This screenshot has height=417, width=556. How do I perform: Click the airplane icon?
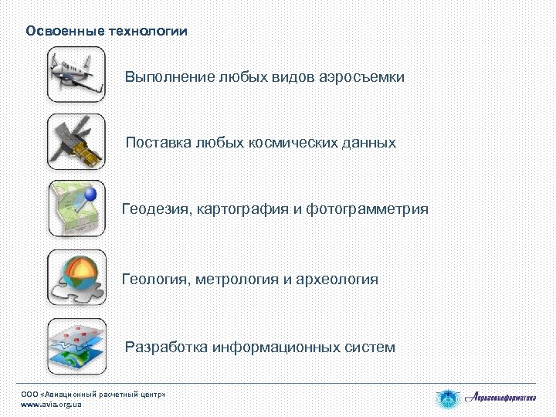(x=76, y=74)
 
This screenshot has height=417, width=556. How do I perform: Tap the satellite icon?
(x=76, y=142)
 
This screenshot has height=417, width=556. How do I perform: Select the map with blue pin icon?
(x=76, y=208)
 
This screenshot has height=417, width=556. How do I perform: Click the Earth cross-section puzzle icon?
(x=76, y=277)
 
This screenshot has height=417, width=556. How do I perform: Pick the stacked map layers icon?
(x=76, y=346)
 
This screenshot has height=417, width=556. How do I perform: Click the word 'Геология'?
(x=154, y=279)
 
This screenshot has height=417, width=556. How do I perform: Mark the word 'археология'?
(x=338, y=279)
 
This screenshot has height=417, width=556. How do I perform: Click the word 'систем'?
(x=370, y=347)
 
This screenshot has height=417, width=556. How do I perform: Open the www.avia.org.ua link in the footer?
(x=51, y=405)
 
